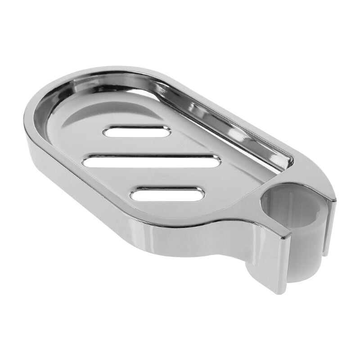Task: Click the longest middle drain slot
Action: [x=153, y=162]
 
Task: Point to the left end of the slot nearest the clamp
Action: [x=135, y=195]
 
